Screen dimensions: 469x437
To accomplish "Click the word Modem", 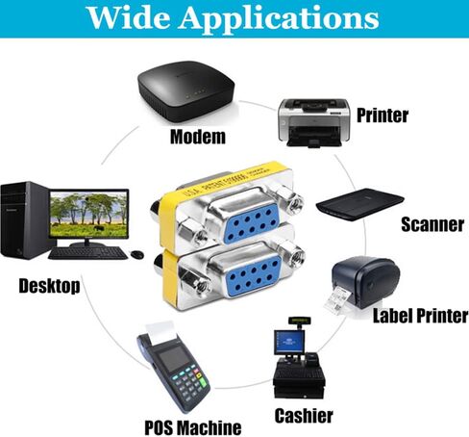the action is point(198,137).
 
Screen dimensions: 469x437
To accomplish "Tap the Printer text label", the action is point(383,116).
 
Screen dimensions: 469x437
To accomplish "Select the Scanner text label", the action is point(432,224).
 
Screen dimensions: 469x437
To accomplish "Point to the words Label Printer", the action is point(420,316).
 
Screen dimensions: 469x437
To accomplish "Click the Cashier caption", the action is point(304,416).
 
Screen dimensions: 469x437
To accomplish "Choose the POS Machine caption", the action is point(193,427).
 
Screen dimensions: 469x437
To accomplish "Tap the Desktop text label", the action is point(49,286).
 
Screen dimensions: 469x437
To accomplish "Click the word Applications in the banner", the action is point(279,18).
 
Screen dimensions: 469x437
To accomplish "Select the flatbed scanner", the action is point(360,204).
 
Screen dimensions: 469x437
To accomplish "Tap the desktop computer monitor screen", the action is point(89,215).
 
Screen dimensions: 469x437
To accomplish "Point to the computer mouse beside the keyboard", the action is point(137,254).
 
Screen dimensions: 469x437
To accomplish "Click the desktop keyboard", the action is point(87,253).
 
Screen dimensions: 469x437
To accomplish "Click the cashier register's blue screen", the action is point(289,342).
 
